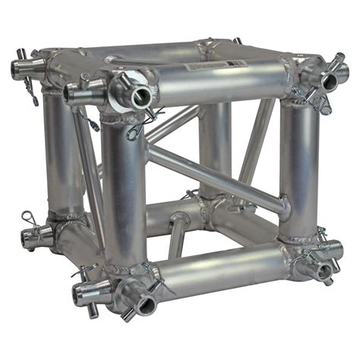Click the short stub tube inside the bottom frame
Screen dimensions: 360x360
click(x=176, y=235)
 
